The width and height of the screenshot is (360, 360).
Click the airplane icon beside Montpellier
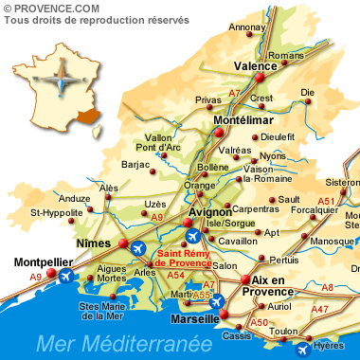[65, 277]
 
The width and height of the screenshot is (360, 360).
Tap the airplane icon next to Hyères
[302, 350]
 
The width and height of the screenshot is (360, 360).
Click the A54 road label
[175, 275]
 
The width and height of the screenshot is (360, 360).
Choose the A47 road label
[320, 309]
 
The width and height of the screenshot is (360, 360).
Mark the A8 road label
[327, 287]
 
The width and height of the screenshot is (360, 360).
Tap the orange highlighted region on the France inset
[88, 116]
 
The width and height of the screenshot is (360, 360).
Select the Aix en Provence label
[267, 286]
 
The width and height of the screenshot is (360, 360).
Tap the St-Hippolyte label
[56, 212]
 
